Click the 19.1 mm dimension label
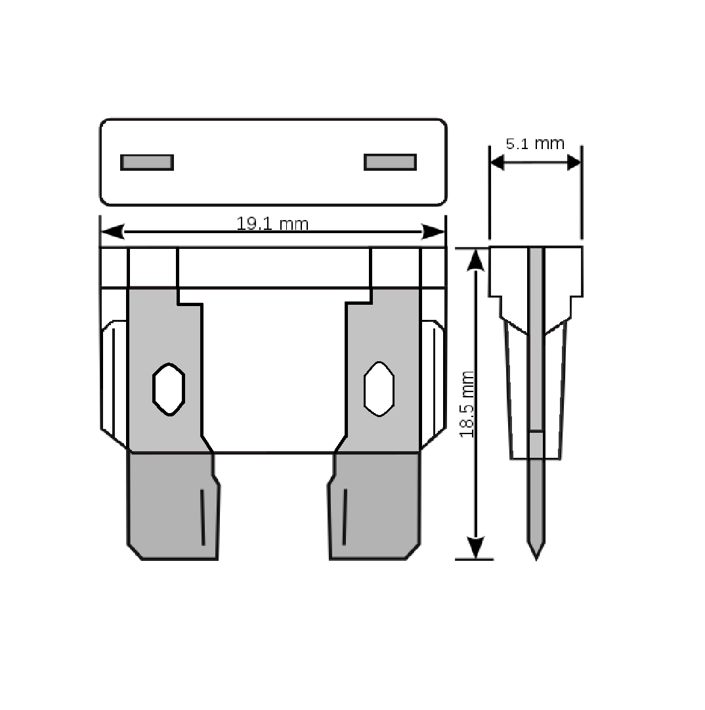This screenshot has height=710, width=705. tap(272, 224)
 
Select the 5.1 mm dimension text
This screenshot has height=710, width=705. tap(535, 144)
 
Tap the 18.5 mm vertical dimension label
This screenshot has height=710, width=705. tap(467, 405)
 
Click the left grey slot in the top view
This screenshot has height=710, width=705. tap(147, 162)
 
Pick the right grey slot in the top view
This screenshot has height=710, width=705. tap(390, 162)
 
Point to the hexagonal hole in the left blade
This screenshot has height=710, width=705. tap(169, 389)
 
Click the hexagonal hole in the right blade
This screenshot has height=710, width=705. tap(379, 389)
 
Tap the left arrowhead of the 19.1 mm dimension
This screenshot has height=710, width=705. tap(112, 231)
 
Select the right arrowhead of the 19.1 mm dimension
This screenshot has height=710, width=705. tap(433, 231)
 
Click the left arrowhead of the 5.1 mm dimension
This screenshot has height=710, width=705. tap(498, 162)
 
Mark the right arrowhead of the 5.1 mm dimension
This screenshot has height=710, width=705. tap(574, 162)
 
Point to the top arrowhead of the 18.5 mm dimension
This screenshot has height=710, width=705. tap(475, 260)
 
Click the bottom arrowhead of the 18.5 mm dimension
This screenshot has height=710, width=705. tap(475, 548)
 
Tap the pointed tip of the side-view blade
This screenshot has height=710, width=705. tap(536, 560)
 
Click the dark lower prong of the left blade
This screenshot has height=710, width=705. tap(173, 506)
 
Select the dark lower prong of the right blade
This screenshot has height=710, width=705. tap(374, 506)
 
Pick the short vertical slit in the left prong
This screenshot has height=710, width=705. tap(202, 517)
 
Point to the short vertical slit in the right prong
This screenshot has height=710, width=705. tap(345, 517)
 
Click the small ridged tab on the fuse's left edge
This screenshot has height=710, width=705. tap(113, 384)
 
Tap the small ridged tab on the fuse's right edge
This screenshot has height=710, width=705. tap(433, 384)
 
